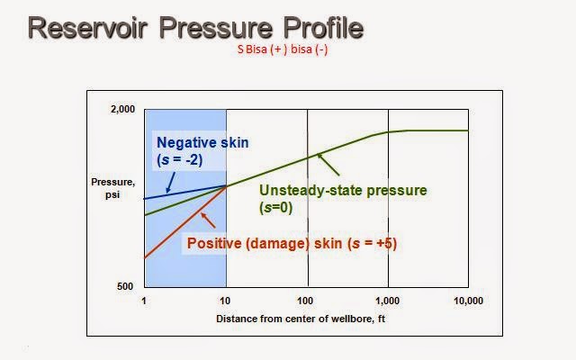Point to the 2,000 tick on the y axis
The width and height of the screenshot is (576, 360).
[x=122, y=110]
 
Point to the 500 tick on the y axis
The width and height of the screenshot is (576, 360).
[x=127, y=287]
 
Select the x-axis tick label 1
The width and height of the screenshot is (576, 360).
[x=144, y=300]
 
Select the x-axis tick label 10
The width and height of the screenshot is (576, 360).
[x=225, y=300]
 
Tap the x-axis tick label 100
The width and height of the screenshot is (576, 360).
[x=307, y=300]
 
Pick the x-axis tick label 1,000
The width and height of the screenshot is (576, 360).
[x=388, y=300]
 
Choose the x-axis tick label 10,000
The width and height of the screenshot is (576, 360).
[x=467, y=300]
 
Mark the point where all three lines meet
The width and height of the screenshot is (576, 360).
[x=226, y=185]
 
